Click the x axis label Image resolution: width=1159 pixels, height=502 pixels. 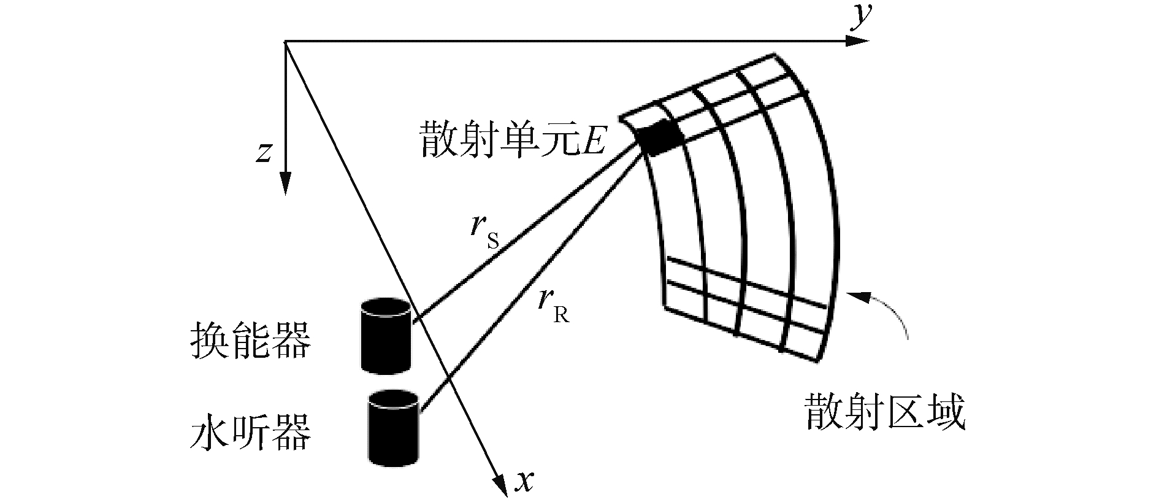coord(524,482)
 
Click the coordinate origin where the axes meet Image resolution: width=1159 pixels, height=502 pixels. coord(285,42)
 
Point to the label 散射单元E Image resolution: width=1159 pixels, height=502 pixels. coord(513,139)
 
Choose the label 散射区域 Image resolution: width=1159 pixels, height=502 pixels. coord(886,412)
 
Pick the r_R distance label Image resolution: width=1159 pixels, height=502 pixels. coord(553,305)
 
